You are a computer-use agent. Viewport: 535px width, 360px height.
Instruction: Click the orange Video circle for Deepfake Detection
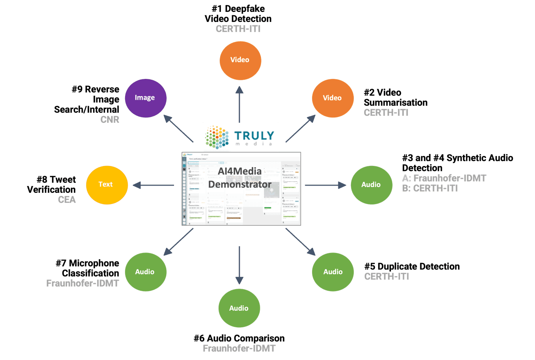point(240,60)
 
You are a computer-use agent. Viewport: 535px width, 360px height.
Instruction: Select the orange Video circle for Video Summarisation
point(333,98)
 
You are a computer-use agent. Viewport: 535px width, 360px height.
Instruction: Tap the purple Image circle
point(145,98)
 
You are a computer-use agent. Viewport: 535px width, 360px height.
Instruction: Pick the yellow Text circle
point(107,185)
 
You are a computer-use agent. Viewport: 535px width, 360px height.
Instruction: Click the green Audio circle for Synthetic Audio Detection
point(371,185)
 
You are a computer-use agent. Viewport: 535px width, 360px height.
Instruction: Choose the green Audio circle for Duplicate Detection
point(333,272)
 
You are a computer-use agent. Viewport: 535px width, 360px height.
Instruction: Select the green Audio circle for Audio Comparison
point(239,308)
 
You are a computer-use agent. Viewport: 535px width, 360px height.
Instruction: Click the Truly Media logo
point(240,137)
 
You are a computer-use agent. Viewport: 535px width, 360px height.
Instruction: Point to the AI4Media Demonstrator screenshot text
point(240,178)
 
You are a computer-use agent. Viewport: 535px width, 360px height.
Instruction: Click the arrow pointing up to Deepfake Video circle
point(239,104)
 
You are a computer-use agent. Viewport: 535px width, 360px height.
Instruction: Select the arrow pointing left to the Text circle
point(153,185)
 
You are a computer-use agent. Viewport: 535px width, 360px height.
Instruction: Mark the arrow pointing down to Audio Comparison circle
point(239,266)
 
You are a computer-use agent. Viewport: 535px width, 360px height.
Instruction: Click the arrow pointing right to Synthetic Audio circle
point(325,185)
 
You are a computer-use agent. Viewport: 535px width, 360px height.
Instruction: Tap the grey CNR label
point(110,120)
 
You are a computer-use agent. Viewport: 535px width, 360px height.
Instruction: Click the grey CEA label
point(67,199)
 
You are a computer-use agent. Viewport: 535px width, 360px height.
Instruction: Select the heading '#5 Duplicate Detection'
point(412,266)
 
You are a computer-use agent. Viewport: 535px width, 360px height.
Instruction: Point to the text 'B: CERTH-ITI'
point(430,188)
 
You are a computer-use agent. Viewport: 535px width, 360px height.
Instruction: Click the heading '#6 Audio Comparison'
point(239,338)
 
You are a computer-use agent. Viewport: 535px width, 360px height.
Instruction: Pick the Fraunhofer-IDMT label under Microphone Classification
point(83,283)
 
